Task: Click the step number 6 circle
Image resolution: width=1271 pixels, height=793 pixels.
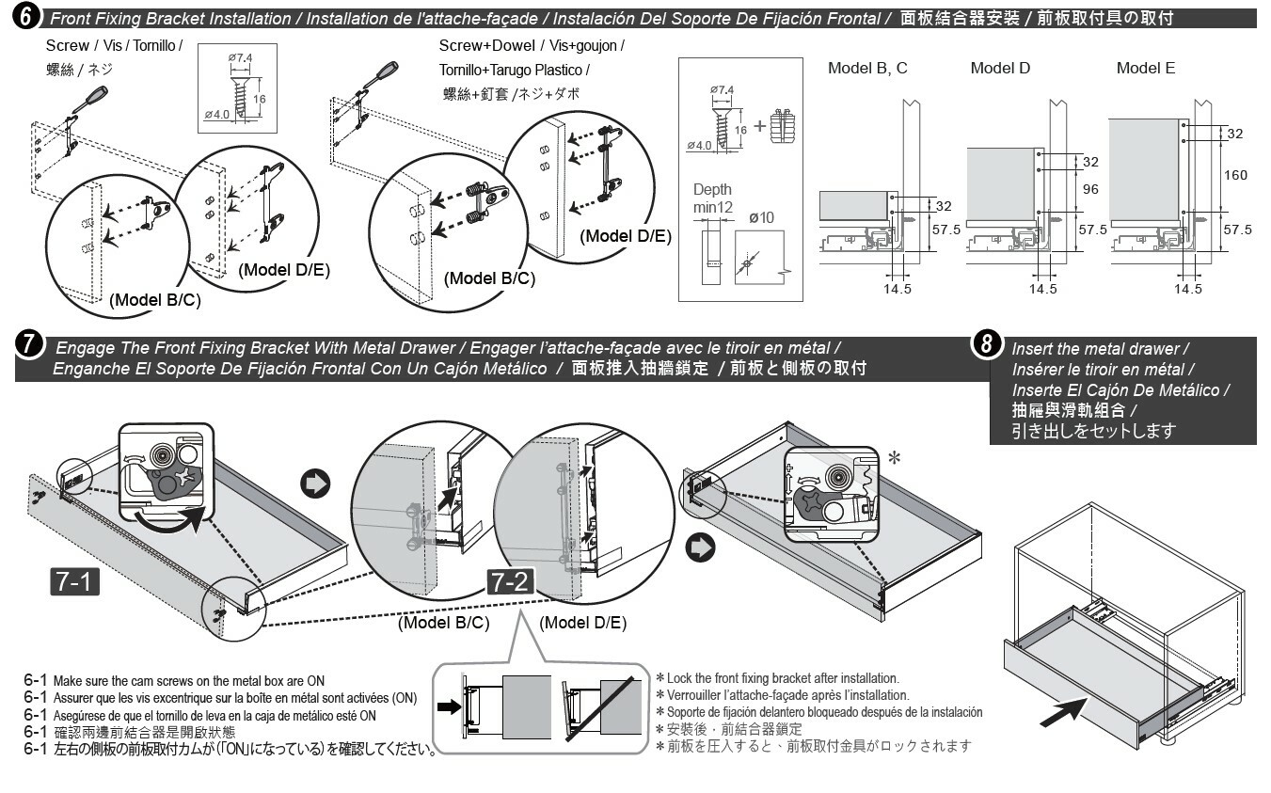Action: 25,16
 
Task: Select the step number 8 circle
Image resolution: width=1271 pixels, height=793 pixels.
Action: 986,343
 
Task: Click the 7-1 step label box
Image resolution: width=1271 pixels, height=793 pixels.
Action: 74,581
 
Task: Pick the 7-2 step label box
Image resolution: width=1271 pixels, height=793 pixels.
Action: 510,582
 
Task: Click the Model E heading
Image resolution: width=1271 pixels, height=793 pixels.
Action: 1146,68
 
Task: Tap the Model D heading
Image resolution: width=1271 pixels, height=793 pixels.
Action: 1000,68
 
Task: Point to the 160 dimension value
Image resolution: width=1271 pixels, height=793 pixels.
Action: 1235,175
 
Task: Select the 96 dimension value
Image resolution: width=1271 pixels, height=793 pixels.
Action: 1090,189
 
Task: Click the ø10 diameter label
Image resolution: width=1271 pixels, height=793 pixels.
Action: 761,218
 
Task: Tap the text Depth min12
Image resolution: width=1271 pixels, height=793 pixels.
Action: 713,198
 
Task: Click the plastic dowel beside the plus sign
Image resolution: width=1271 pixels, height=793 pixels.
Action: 783,126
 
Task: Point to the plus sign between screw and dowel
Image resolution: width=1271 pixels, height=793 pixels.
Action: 759,126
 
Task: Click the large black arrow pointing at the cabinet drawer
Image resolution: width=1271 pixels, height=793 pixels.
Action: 1064,712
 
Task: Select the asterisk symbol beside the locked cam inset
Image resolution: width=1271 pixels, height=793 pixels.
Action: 895,457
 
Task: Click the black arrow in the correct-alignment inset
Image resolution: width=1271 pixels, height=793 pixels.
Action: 450,706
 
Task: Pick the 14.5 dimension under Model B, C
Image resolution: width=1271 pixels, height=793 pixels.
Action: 898,289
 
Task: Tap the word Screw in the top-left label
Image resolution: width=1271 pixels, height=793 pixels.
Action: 68,45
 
